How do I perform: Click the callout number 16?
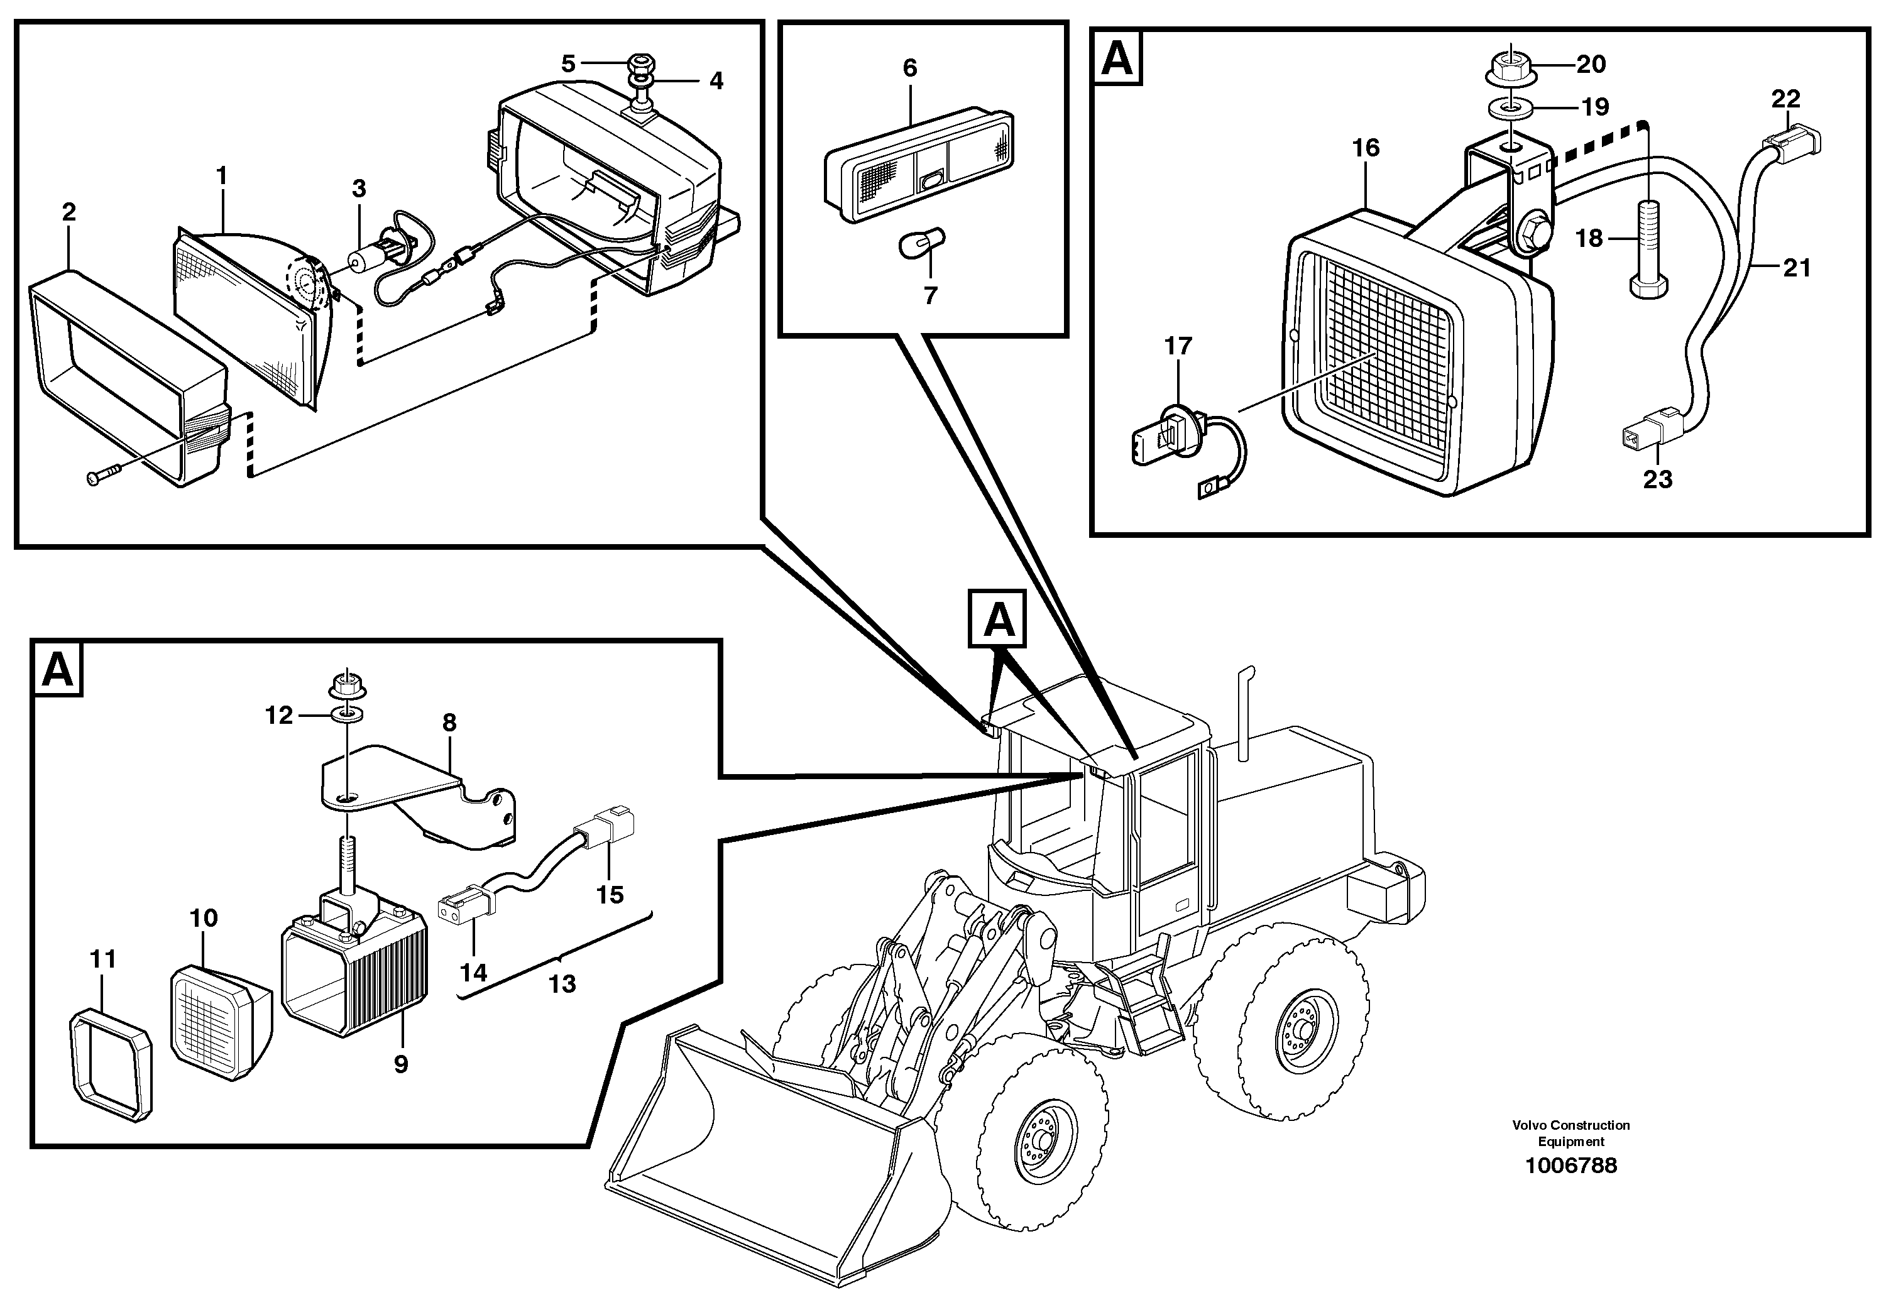1366,148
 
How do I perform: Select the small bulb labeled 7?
921,242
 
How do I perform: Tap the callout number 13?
562,984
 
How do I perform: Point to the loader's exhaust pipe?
1244,713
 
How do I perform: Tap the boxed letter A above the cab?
998,621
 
